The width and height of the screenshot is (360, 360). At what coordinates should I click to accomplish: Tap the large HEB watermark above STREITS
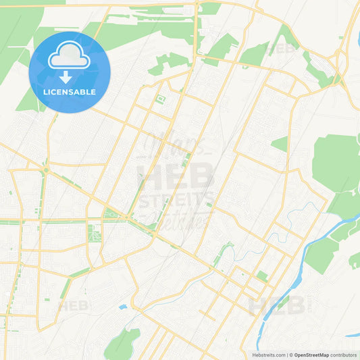click(x=174, y=177)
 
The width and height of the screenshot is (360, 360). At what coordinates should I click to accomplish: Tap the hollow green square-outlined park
click(x=160, y=100)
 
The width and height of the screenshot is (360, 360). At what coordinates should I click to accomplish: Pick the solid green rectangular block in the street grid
click(x=261, y=276)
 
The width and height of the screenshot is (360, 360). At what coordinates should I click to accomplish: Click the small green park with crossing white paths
click(x=93, y=234)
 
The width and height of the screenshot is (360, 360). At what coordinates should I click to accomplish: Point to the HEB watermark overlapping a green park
click(x=282, y=49)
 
